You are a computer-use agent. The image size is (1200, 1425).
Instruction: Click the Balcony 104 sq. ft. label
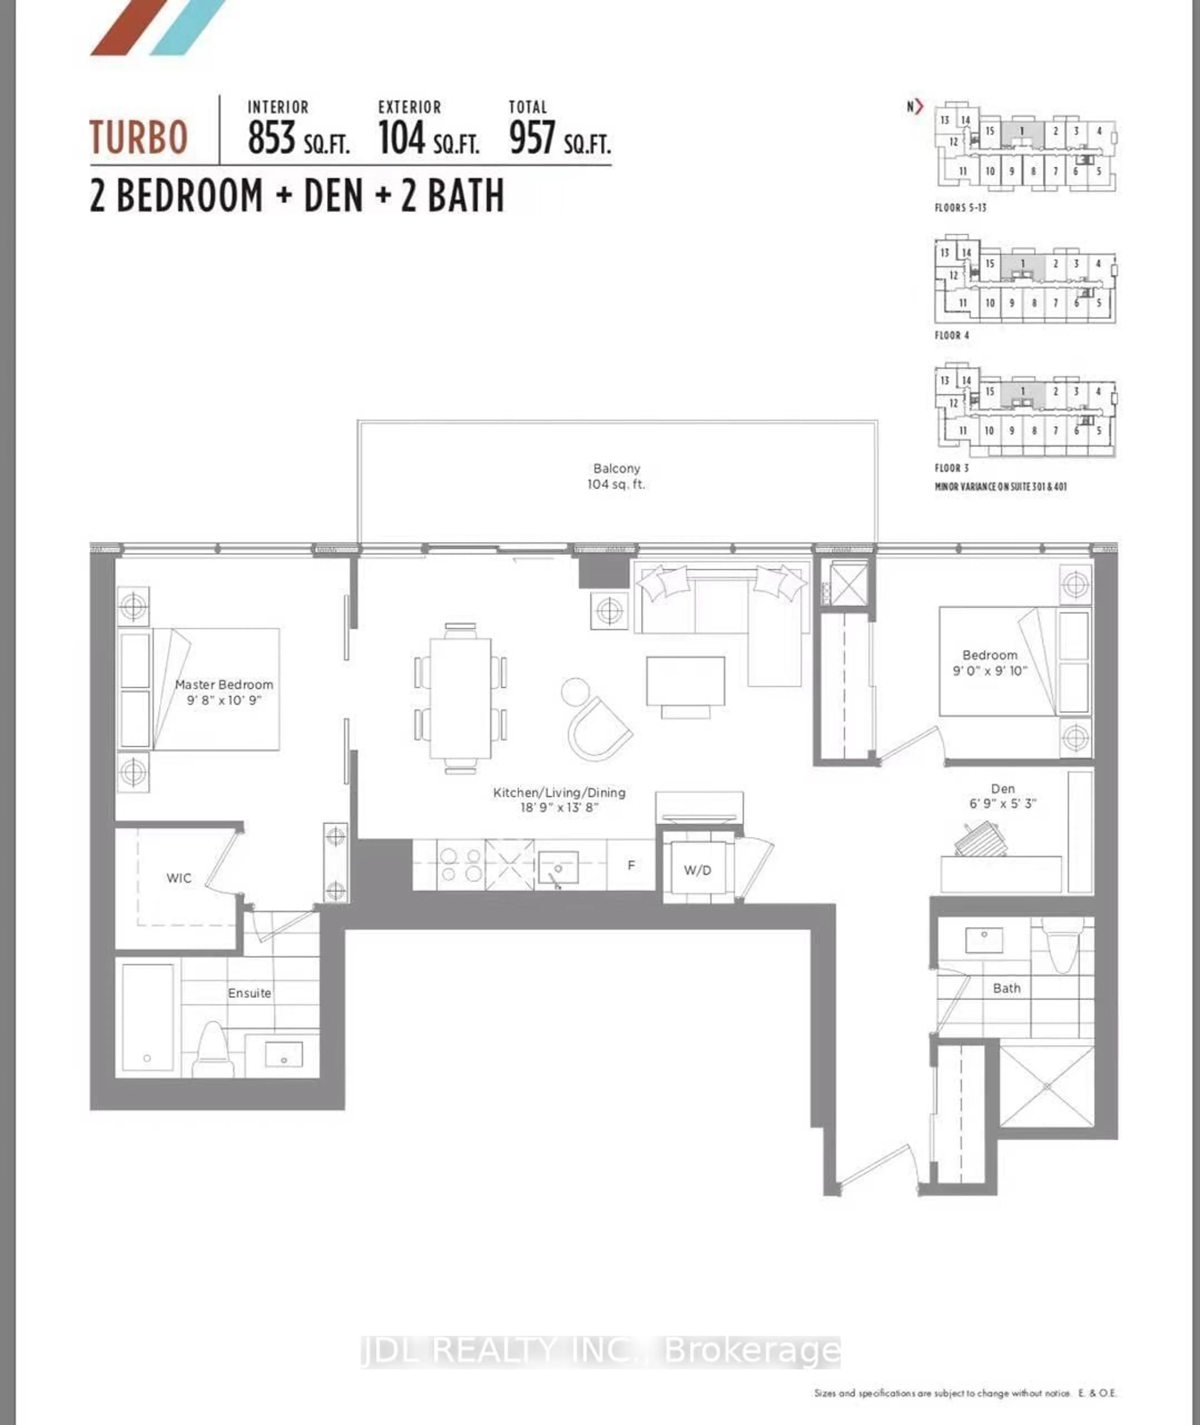[616, 476]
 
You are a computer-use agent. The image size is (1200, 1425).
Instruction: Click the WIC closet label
[179, 878]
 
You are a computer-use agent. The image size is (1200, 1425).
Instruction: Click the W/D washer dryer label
[697, 870]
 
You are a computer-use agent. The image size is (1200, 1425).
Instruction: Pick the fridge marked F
[631, 865]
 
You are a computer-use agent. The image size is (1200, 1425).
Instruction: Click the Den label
[1003, 795]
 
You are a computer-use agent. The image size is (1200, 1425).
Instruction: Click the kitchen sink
[558, 867]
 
